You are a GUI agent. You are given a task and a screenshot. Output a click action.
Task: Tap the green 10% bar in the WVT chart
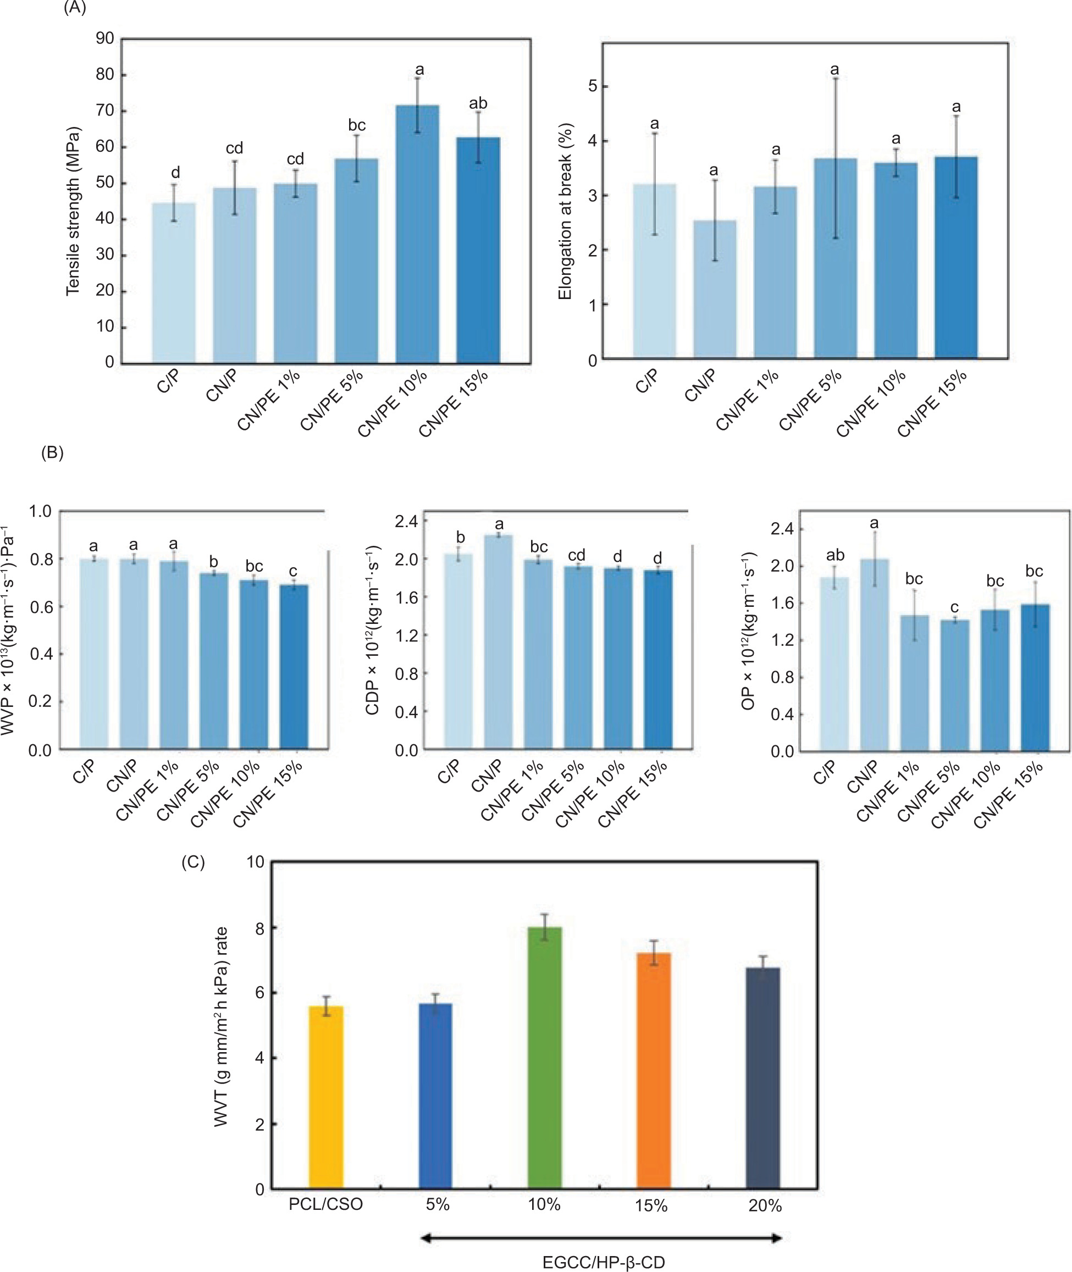pyautogui.click(x=544, y=1058)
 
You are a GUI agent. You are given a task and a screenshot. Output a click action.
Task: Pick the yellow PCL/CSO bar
pyautogui.click(x=326, y=1097)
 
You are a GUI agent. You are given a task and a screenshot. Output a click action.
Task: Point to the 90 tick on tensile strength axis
pyautogui.click(x=105, y=39)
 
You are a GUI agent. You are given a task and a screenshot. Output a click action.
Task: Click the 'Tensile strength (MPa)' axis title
pyautogui.click(x=74, y=211)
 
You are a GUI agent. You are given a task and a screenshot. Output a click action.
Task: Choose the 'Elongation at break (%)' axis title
pyautogui.click(x=565, y=211)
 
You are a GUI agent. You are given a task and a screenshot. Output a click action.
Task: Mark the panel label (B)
pyautogui.click(x=52, y=453)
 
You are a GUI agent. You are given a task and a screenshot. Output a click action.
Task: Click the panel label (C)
pyautogui.click(x=194, y=862)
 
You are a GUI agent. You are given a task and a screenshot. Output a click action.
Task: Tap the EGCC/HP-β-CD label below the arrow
pyautogui.click(x=604, y=1262)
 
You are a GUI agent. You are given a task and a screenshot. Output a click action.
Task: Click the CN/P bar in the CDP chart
pyautogui.click(x=498, y=641)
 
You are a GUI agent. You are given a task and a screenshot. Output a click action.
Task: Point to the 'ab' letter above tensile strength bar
pyautogui.click(x=478, y=104)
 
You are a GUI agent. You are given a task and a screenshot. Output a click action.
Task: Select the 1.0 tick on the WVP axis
pyautogui.click(x=40, y=512)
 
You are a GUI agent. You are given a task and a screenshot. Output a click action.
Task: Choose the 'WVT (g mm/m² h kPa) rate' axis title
pyautogui.click(x=220, y=1026)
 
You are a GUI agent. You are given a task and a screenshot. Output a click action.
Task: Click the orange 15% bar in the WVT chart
pyautogui.click(x=653, y=1070)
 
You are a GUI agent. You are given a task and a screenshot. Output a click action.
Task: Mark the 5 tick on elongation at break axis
pyautogui.click(x=593, y=86)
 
